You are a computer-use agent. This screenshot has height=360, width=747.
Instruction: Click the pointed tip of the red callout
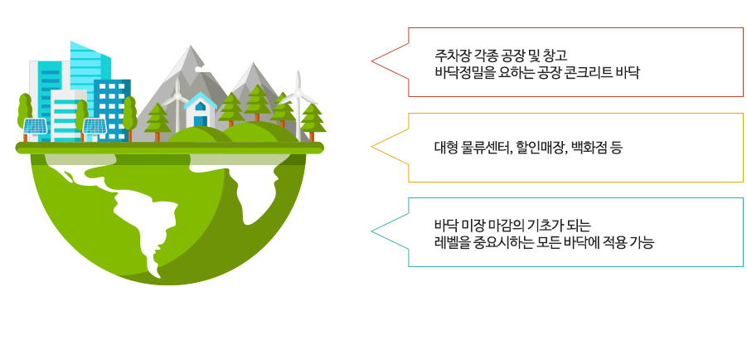371,61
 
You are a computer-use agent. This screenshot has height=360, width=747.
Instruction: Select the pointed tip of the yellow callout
371,147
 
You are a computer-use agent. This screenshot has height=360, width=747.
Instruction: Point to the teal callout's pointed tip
371,231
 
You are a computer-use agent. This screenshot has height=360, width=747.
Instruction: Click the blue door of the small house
201,121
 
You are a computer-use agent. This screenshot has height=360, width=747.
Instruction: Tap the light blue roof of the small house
201,100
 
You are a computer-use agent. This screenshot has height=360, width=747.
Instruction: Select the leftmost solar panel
36,126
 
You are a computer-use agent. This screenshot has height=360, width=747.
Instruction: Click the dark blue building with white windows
112,110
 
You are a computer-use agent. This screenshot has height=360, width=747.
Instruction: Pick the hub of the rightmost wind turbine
298,93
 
